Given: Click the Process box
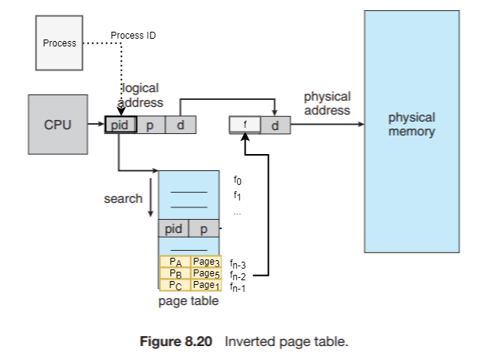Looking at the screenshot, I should coord(59,43).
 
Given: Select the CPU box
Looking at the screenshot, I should coord(57,124).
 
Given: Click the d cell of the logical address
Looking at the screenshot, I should coord(180,124).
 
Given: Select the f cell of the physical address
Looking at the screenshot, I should coord(245,124).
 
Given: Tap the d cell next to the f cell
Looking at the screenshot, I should coord(275,124).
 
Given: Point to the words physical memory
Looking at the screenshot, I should coord(411,125).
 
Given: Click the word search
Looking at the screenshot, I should coord(123,199).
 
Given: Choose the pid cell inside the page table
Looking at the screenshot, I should coord(174,229).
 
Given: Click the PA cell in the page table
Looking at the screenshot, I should coord(175,262).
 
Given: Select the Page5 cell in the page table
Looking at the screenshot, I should coord(206,273).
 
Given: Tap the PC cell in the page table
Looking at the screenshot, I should coord(175,285).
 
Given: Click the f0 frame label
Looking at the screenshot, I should coord(238,181).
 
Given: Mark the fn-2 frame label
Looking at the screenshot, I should coord(238,276).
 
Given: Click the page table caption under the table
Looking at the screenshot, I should coord(188,301).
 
